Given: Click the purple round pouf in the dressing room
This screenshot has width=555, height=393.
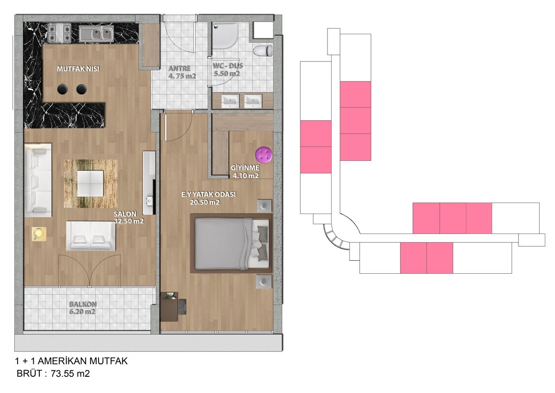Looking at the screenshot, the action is (x=264, y=155).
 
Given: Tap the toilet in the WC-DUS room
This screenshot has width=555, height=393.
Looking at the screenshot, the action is (x=263, y=50).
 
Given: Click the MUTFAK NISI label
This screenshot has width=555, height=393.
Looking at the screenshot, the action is (x=78, y=68).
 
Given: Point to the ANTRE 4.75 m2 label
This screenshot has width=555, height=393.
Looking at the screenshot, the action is (x=181, y=72).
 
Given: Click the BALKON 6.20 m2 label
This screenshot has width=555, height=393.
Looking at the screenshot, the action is (x=82, y=307).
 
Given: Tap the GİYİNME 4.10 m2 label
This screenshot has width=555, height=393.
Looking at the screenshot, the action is (x=245, y=172).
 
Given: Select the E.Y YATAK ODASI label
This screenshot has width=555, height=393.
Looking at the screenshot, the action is (x=209, y=194).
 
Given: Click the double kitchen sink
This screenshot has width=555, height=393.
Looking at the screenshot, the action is (x=96, y=34).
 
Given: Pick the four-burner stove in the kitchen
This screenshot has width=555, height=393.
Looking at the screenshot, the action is (x=60, y=32).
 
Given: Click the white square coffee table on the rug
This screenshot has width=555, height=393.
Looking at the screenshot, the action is (x=90, y=183).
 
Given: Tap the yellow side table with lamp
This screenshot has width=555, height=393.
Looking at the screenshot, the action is (x=39, y=234).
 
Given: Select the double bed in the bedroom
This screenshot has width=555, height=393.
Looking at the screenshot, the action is (x=231, y=244).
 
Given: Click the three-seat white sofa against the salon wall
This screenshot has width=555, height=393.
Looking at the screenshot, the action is (x=38, y=180).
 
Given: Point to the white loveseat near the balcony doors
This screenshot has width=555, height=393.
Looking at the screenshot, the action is (x=91, y=236).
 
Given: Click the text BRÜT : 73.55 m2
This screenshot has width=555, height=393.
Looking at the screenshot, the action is (x=53, y=374).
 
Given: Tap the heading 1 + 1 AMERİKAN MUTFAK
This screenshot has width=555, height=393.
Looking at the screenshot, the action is (x=71, y=361).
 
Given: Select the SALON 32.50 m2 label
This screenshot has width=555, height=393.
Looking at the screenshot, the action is (x=129, y=217).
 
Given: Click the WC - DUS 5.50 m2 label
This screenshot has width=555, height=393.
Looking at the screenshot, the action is (x=228, y=70).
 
